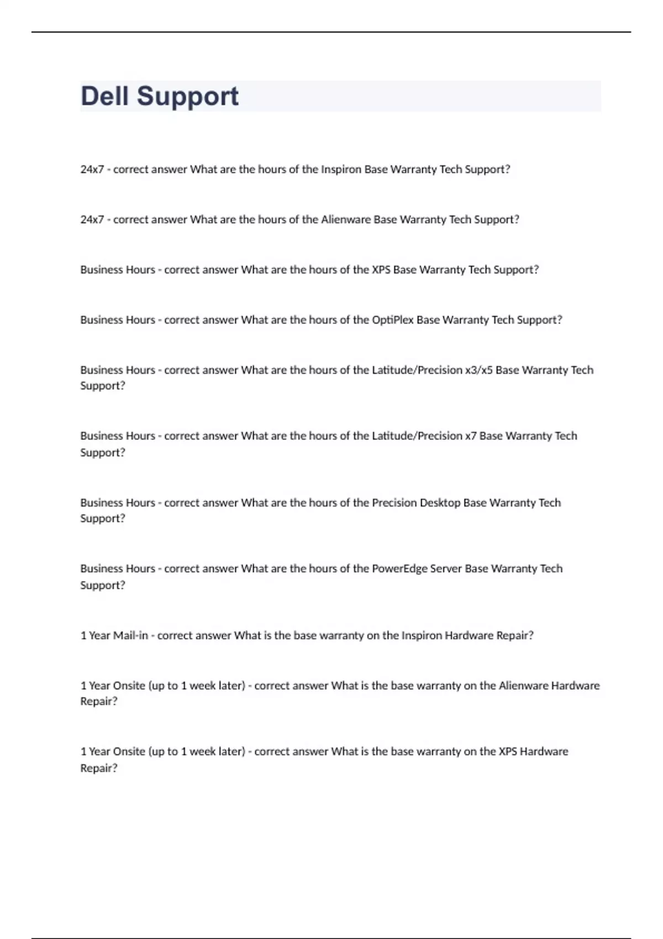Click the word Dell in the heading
pyautogui.click(x=106, y=96)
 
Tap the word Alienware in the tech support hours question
pyautogui.click(x=346, y=220)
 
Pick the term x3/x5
pyautogui.click(x=478, y=370)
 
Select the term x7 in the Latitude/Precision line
pyautogui.click(x=470, y=436)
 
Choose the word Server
pyautogui.click(x=446, y=568)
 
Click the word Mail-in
pyautogui.click(x=130, y=636)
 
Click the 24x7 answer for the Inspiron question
pyautogui.click(x=92, y=170)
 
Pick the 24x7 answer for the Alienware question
pyautogui.click(x=92, y=220)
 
